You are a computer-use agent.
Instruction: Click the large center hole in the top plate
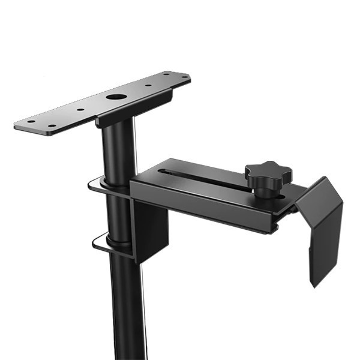tap(114, 97)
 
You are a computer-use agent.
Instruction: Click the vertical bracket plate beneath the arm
tap(150, 231)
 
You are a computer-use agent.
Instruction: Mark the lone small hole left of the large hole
tap(78, 109)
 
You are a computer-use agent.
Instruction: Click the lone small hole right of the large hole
tap(148, 85)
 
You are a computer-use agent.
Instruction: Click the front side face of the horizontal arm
tap(204, 207)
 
